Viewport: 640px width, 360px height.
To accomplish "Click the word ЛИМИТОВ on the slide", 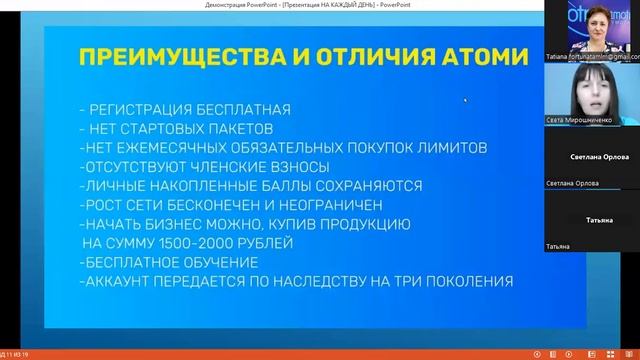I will [x=451, y=147].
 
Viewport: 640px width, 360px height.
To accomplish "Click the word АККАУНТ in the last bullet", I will [x=130, y=282].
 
